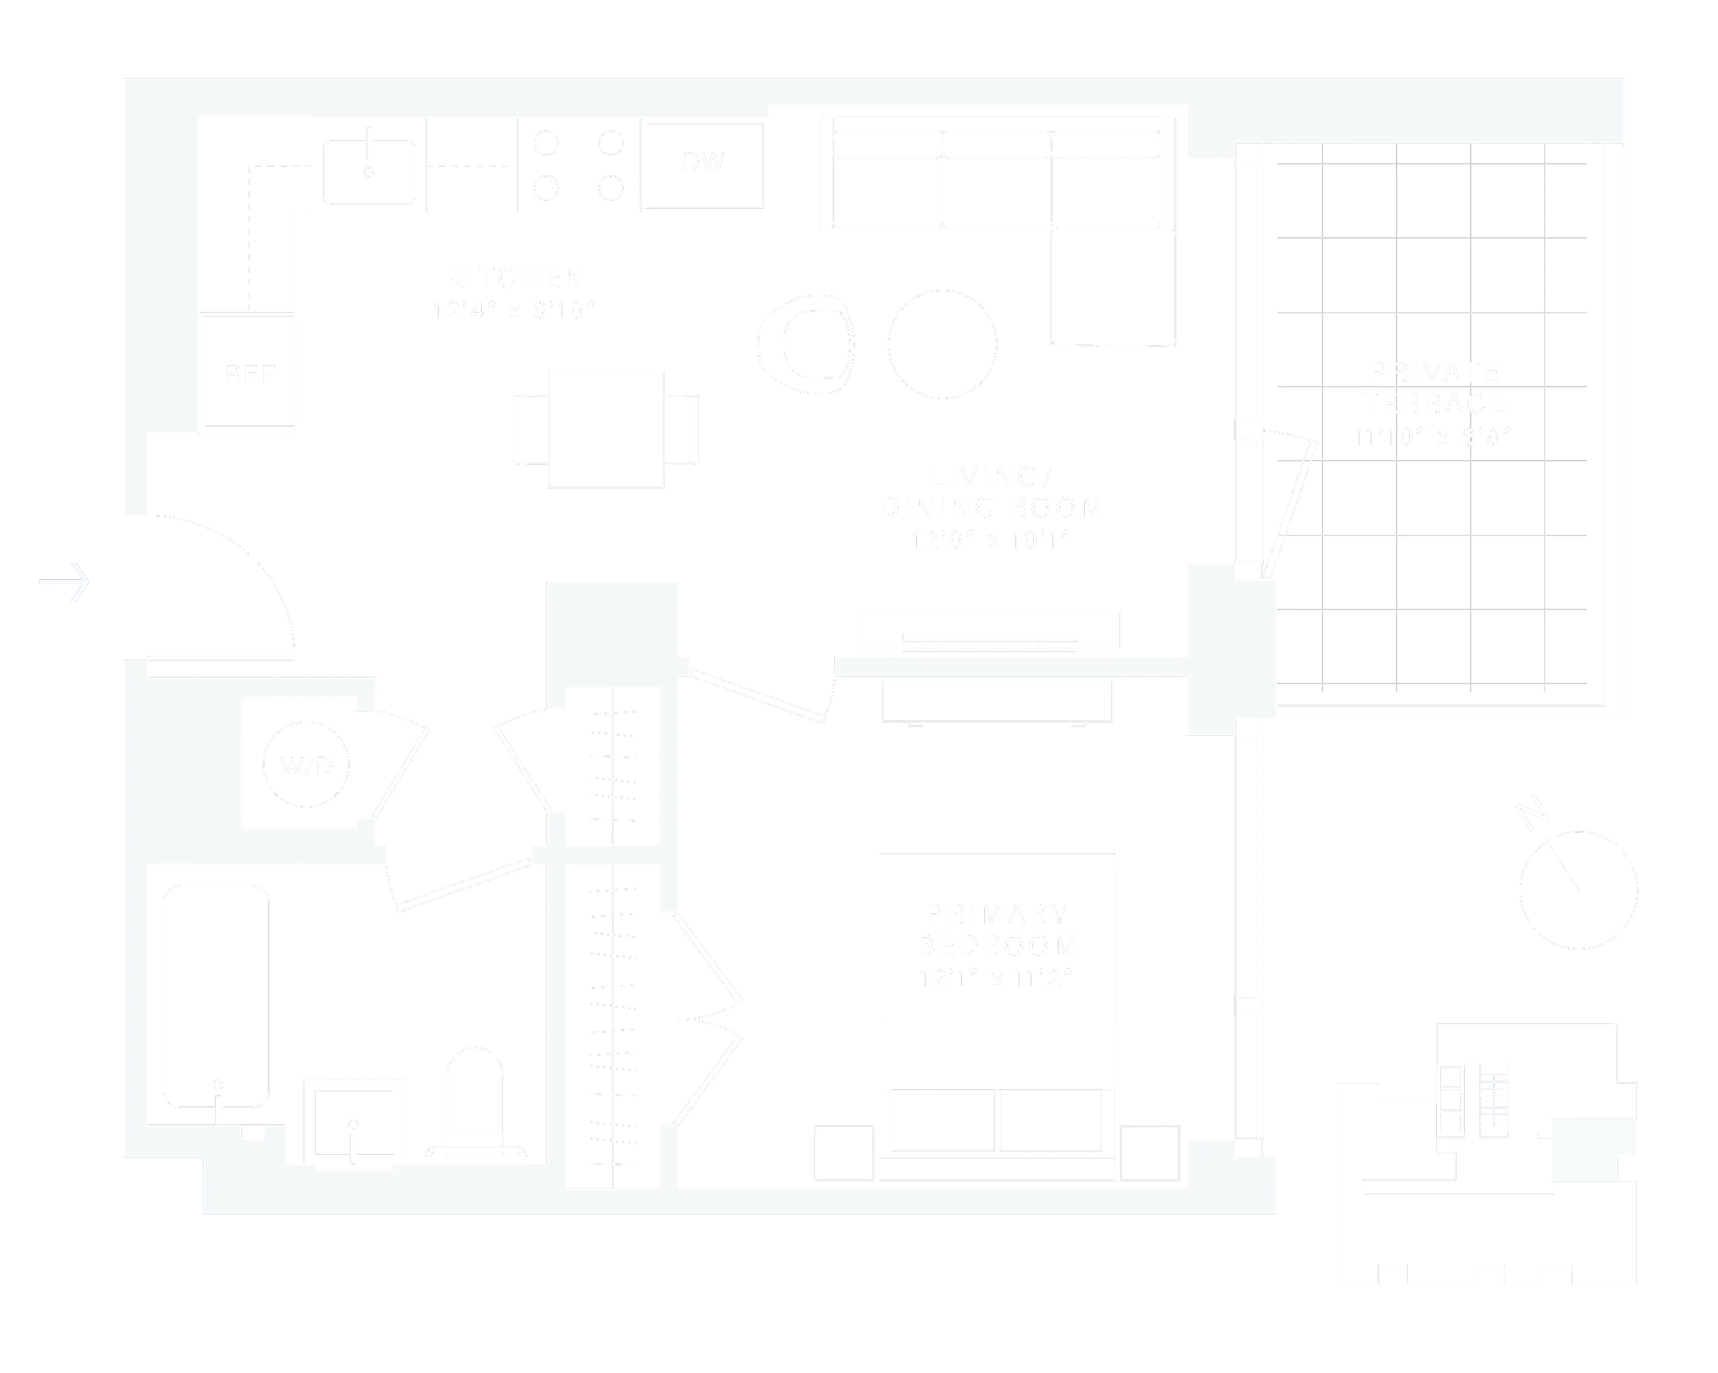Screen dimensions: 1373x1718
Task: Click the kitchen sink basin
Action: point(368,172)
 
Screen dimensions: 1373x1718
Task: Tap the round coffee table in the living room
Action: point(942,344)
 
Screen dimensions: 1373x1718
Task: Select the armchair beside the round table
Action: point(806,344)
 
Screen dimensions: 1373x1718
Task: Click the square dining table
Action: point(605,429)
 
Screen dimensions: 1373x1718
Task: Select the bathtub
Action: point(216,996)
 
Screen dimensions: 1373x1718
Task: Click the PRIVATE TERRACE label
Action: point(1434,388)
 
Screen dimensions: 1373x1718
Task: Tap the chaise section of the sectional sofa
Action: point(1113,287)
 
